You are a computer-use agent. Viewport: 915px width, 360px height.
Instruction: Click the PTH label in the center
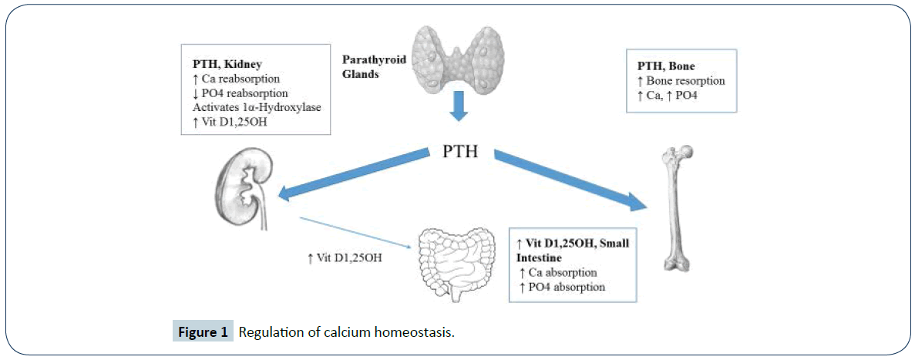coord(460,151)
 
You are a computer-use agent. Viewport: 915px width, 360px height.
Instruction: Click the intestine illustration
coord(455,263)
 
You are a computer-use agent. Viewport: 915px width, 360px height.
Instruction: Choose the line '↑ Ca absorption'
coord(558,272)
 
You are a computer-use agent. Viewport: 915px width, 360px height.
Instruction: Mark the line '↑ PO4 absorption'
coord(561,286)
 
